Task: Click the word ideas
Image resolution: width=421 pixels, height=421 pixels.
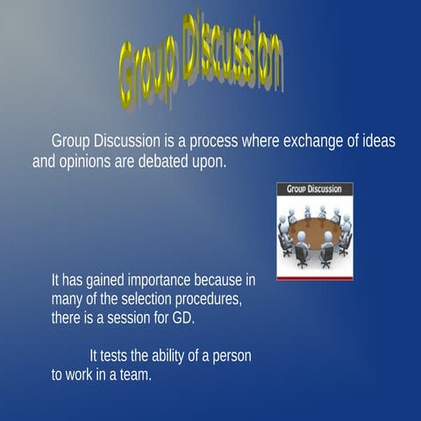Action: [377, 141]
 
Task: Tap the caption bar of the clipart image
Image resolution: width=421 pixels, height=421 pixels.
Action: [314, 189]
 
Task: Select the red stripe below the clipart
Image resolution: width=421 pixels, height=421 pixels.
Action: [314, 278]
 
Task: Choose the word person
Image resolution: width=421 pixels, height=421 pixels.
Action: [232, 356]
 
